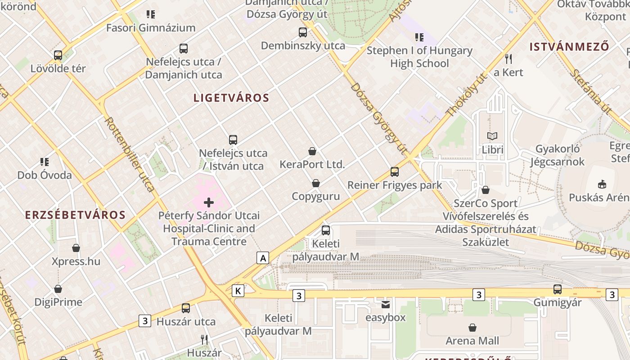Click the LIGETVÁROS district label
pyautogui.click(x=231, y=98)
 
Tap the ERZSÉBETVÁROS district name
pyautogui.click(x=75, y=215)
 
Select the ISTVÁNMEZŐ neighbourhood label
pyautogui.click(x=569, y=46)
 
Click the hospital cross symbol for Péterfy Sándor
pyautogui.click(x=209, y=202)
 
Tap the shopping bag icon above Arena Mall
pyautogui.click(x=472, y=327)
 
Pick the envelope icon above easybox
pyautogui.click(x=386, y=305)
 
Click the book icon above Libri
pyautogui.click(x=493, y=136)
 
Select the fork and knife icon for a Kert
pyautogui.click(x=508, y=58)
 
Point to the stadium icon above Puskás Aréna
pyautogui.click(x=602, y=184)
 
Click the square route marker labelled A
pyautogui.click(x=263, y=258)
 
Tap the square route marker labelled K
pyautogui.click(x=238, y=291)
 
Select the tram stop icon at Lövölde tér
pyautogui.click(x=58, y=55)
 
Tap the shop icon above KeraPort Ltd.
pyautogui.click(x=312, y=151)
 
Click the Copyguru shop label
pyautogui.click(x=315, y=196)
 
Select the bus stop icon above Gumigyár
pyautogui.click(x=558, y=289)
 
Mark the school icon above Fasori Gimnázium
pyautogui.click(x=151, y=14)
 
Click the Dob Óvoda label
pyautogui.click(x=45, y=175)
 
